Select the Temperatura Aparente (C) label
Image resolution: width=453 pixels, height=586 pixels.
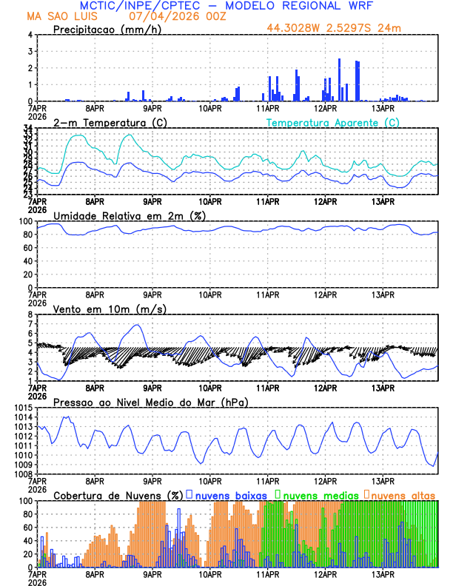point(333,122)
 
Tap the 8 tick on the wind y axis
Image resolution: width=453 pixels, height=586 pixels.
point(30,314)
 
